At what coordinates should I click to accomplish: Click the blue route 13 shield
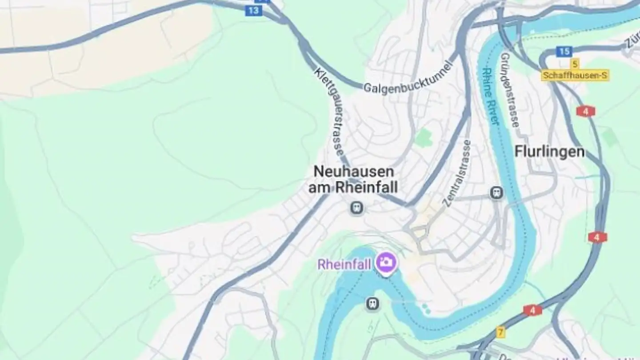[253, 11]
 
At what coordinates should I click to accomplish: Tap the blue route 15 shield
[564, 52]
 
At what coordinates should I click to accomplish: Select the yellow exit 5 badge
[576, 64]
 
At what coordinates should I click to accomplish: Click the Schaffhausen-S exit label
[575, 76]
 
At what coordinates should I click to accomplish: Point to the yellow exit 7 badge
[501, 332]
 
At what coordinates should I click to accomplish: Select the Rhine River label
[491, 96]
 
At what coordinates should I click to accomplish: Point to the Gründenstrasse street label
[510, 90]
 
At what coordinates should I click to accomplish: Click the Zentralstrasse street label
[457, 173]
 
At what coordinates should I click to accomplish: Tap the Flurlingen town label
[549, 152]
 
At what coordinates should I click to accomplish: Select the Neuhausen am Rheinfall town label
[353, 179]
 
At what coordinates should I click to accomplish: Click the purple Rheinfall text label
[344, 265]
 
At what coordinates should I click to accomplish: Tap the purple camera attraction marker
[386, 262]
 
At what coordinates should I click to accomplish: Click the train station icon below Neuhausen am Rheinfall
[356, 207]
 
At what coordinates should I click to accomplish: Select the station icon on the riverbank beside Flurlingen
[496, 192]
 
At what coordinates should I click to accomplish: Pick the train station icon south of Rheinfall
[372, 304]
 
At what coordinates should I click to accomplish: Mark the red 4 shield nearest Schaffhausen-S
[586, 111]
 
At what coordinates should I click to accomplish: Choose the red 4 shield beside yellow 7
[532, 310]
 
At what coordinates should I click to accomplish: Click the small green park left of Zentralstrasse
[424, 137]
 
